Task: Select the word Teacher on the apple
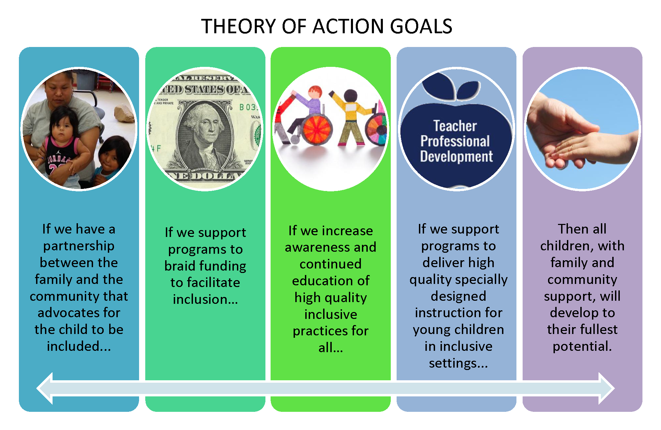click(455, 126)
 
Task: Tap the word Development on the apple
click(456, 156)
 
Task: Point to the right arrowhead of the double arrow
click(606, 388)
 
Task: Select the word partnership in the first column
click(79, 246)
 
